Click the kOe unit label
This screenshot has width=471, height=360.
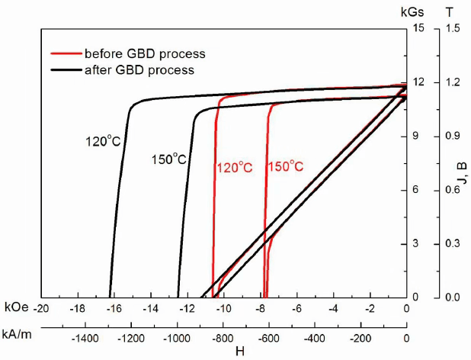point(15,307)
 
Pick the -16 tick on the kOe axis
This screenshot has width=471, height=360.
point(114,308)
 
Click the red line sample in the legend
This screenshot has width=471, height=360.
point(63,54)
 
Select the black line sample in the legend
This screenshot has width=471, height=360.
point(63,69)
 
